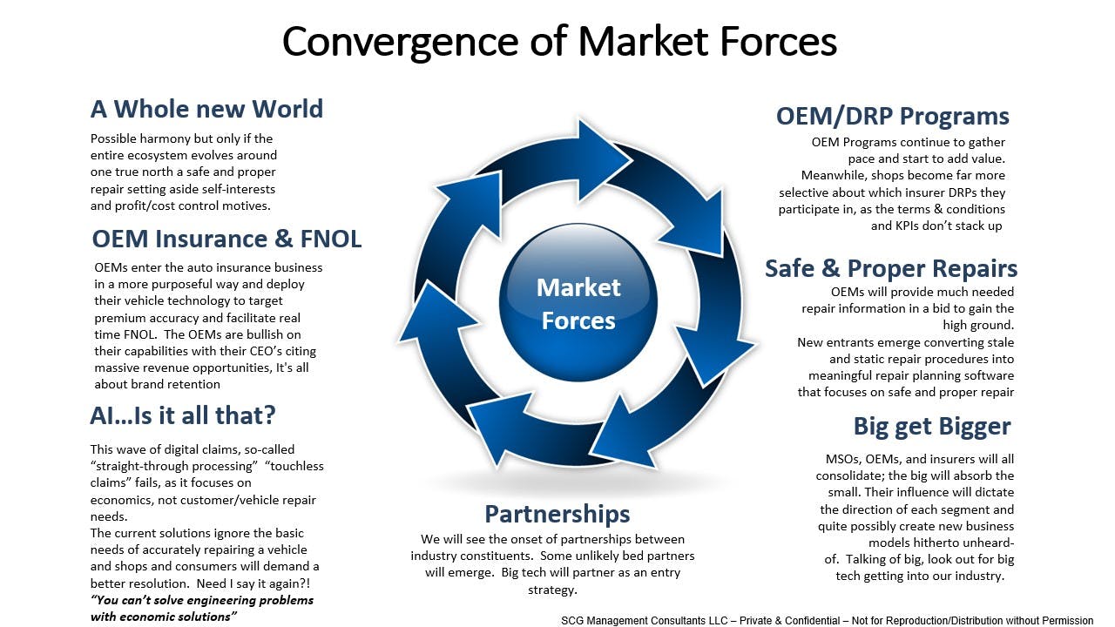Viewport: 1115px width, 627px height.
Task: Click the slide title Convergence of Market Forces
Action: (559, 42)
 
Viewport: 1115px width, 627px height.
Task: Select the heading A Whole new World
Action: (206, 109)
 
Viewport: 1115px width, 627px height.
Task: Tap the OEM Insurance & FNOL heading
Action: (226, 239)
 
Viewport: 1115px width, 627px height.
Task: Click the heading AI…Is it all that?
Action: (183, 415)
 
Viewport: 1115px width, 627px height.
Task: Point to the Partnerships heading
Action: (557, 513)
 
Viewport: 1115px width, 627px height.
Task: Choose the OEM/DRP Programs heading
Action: (892, 117)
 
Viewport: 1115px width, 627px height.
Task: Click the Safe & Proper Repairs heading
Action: (890, 268)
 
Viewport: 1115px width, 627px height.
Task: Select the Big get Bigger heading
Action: (931, 427)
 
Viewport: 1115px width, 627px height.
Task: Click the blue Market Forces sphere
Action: (578, 304)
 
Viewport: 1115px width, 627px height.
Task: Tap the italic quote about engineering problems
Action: (201, 608)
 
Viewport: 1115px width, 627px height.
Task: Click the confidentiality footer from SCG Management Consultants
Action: (827, 621)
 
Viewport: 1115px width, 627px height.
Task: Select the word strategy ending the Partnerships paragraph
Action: (552, 590)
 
